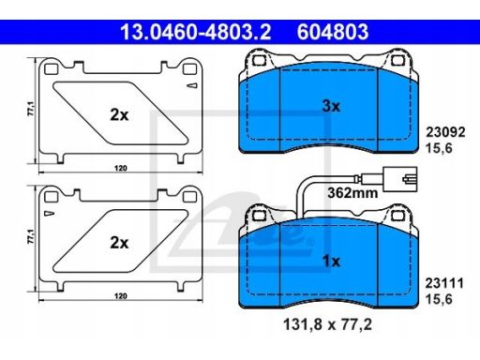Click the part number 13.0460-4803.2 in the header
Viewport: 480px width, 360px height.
coord(192,35)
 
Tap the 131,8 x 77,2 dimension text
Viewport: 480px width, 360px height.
coord(328,328)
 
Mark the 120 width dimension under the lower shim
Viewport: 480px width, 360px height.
coord(119,296)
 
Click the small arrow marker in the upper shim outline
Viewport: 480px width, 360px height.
coord(192,85)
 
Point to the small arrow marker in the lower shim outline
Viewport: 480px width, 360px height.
coord(49,215)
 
